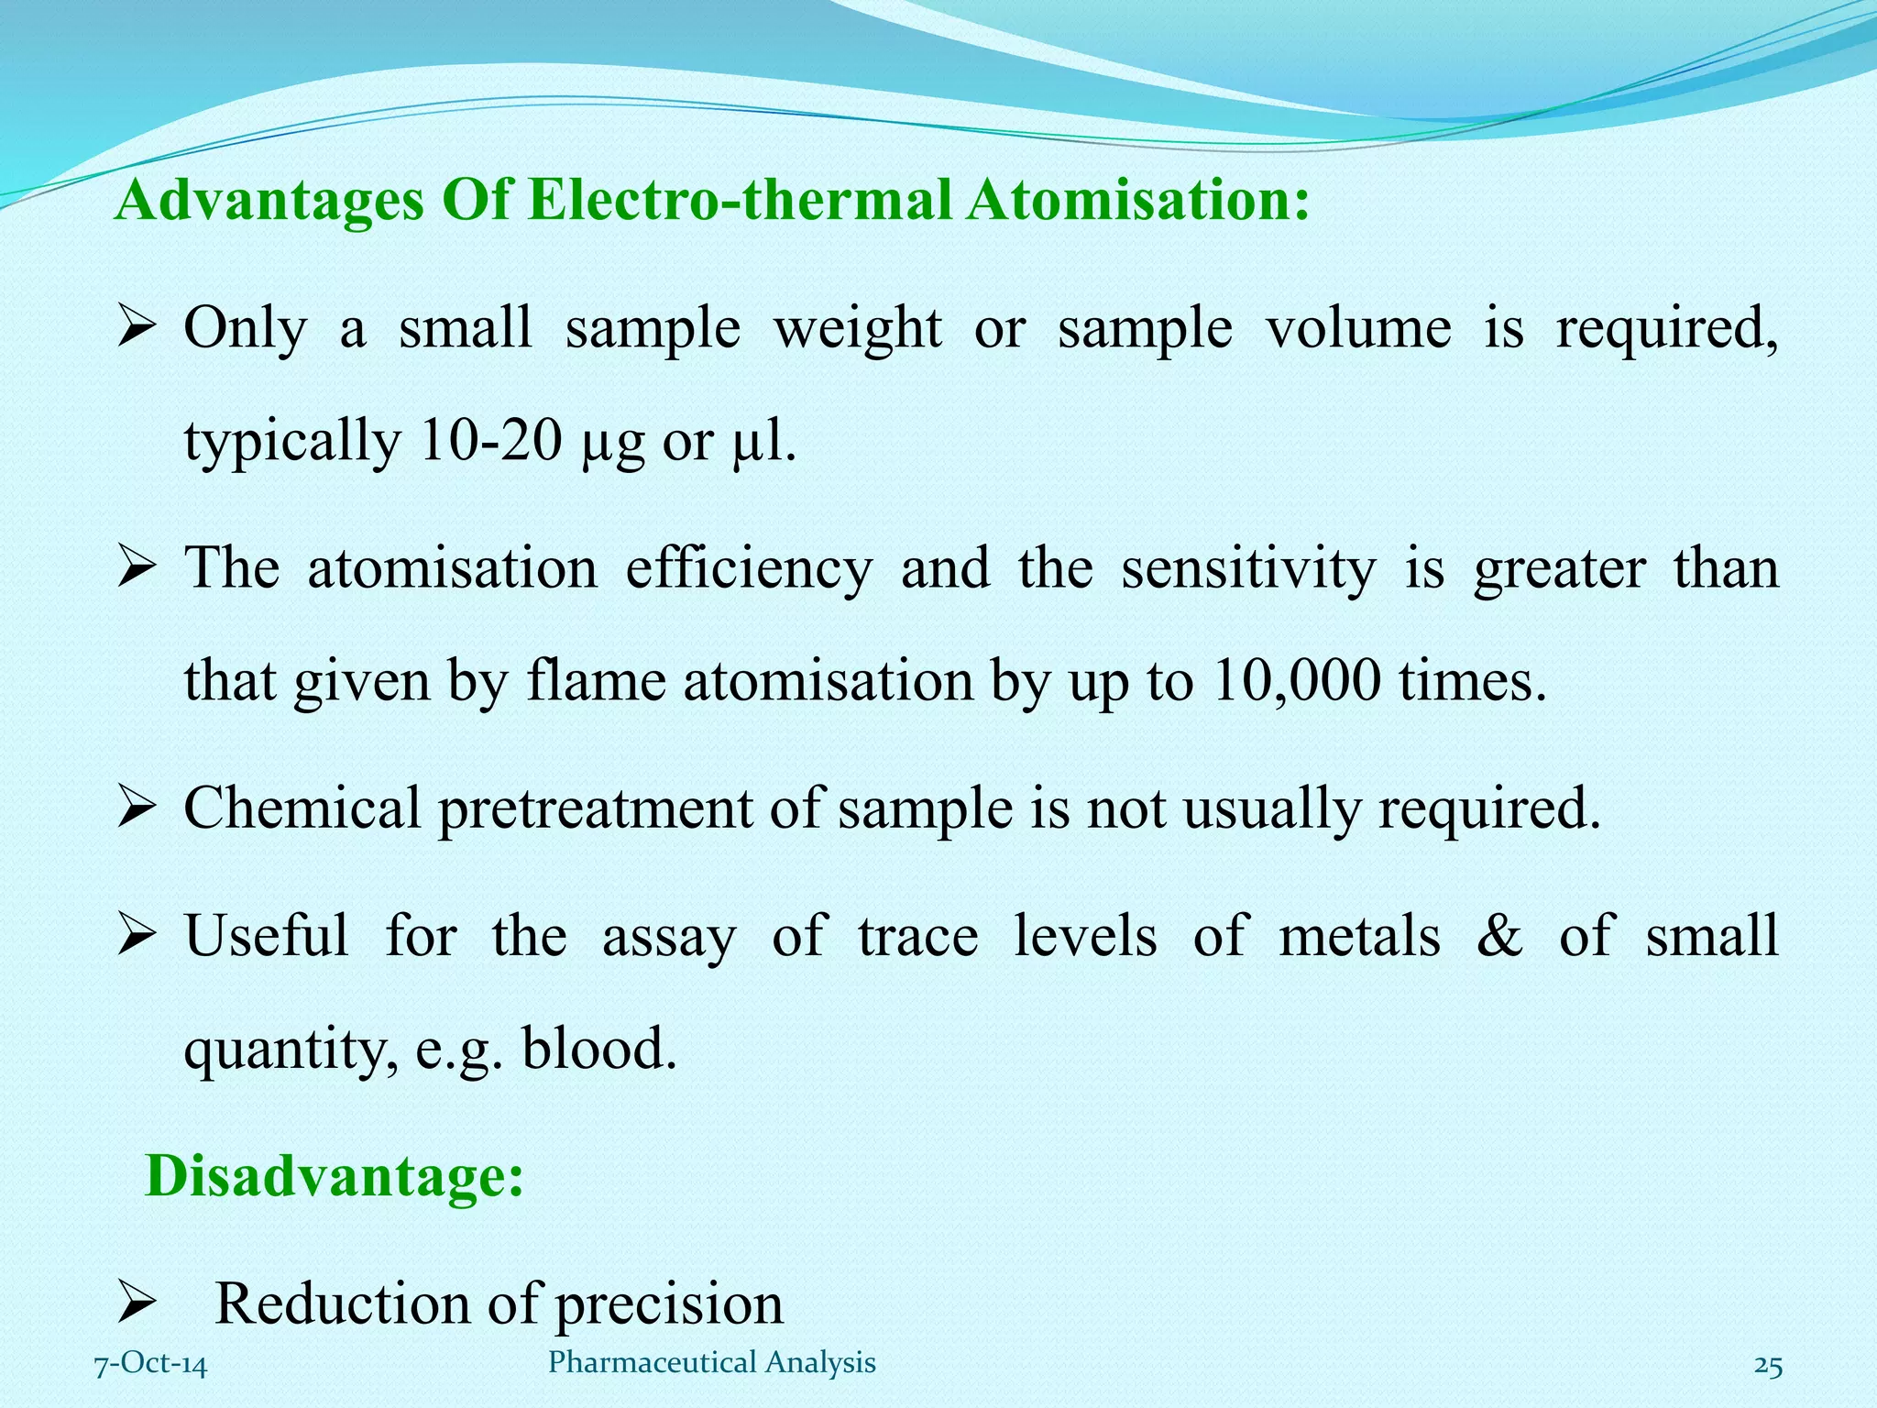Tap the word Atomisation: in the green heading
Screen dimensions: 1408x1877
pyautogui.click(x=1136, y=200)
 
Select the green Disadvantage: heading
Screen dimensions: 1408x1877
pyautogui.click(x=335, y=1175)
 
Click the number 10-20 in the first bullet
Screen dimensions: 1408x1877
pyautogui.click(x=490, y=441)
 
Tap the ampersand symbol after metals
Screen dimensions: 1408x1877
pyautogui.click(x=1499, y=936)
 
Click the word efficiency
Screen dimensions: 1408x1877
pyautogui.click(x=748, y=568)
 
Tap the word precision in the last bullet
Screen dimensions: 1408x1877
pyautogui.click(x=669, y=1304)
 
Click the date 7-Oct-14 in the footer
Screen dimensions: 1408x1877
pyautogui.click(x=151, y=1363)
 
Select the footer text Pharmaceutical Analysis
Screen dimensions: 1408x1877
pyautogui.click(x=711, y=1362)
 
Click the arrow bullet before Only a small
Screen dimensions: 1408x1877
pyautogui.click(x=138, y=329)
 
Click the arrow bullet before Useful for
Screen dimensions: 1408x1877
pyautogui.click(x=138, y=937)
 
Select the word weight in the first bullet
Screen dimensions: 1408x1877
pyautogui.click(x=857, y=329)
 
